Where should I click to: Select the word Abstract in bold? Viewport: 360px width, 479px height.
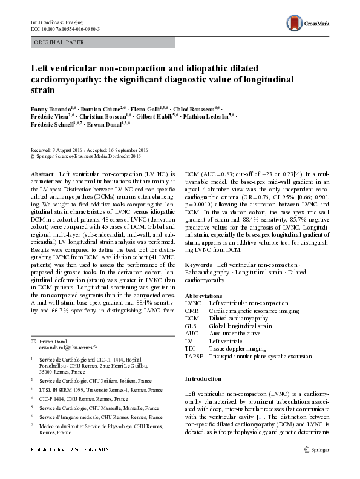[42, 174]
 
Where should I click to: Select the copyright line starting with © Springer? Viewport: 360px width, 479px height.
[85, 156]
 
